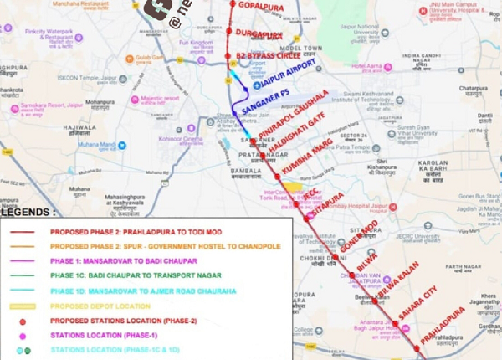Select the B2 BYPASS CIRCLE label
tap(269, 57)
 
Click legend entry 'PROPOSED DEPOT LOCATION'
tap(108, 306)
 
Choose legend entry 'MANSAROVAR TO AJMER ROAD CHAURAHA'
tap(143, 291)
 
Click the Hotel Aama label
tap(369, 65)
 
